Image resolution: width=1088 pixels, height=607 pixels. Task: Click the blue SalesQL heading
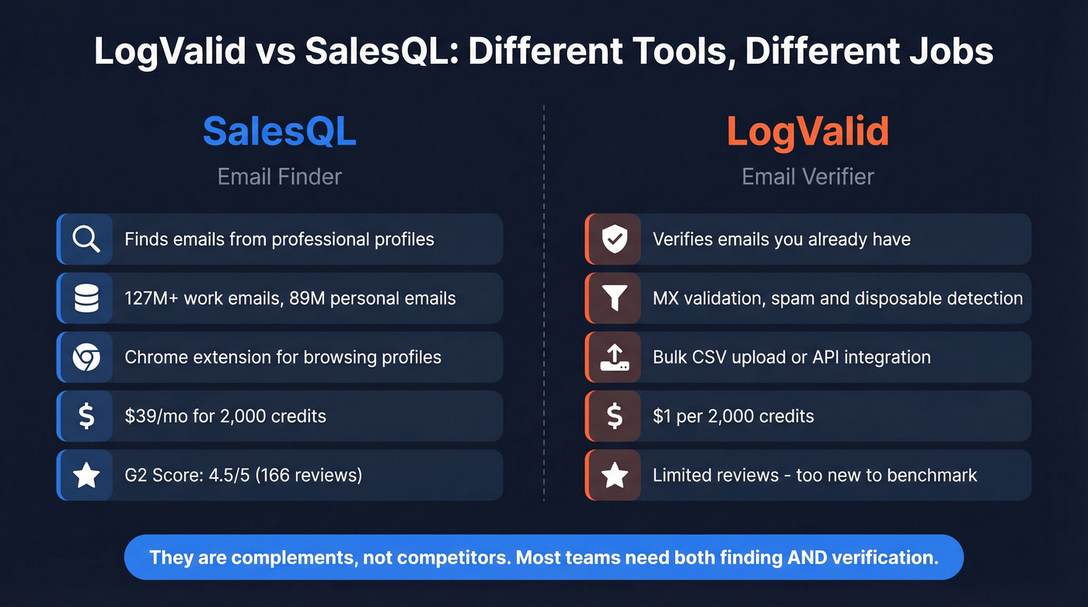click(x=279, y=131)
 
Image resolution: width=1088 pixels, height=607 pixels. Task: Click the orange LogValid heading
click(x=807, y=131)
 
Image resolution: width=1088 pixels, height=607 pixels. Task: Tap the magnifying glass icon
click(x=86, y=239)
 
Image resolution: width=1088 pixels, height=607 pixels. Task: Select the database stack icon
click(x=86, y=298)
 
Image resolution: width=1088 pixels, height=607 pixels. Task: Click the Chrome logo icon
click(x=86, y=358)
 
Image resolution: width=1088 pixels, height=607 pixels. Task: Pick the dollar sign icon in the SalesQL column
click(x=86, y=417)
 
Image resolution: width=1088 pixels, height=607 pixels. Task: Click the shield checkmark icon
click(x=615, y=239)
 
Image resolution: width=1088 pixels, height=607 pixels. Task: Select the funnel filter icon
click(x=615, y=298)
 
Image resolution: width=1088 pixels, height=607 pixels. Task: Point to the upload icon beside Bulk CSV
click(x=615, y=358)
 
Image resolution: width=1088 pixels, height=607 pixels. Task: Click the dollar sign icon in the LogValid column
click(x=615, y=417)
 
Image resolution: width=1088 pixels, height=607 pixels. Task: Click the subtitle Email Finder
click(x=279, y=177)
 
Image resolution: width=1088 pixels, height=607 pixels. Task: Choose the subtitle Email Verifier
click(x=807, y=177)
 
